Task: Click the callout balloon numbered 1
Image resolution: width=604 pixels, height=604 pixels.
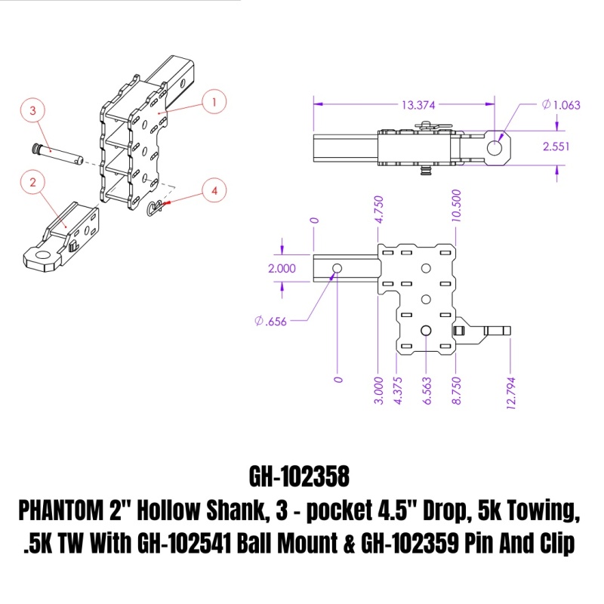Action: click(214, 101)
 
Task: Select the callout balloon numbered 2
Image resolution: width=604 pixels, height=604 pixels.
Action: click(33, 181)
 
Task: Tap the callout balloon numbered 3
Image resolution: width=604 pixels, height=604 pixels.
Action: click(32, 111)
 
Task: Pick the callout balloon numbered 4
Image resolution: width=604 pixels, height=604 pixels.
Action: click(214, 192)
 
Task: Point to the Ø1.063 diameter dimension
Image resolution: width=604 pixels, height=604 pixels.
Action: click(561, 105)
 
